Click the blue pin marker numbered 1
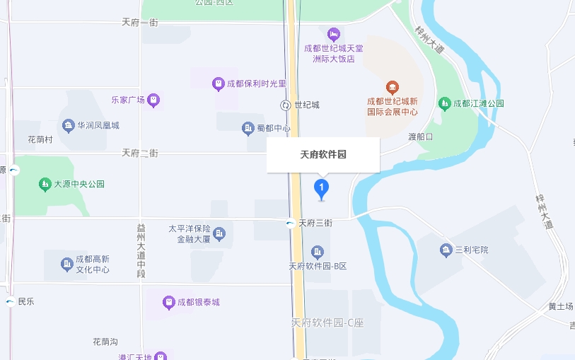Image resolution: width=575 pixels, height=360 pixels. point(321,187)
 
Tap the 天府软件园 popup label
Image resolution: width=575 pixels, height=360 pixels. point(323,154)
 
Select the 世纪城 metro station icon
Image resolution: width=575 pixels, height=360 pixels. point(286,105)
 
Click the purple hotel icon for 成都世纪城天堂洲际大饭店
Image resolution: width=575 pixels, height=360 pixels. point(334,33)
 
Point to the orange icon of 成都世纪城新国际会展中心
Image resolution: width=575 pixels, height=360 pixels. point(393,88)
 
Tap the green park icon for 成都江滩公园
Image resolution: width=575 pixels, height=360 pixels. point(445,104)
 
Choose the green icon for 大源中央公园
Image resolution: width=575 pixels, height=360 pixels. point(45,184)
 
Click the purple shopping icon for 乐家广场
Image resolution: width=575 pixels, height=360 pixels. point(153,100)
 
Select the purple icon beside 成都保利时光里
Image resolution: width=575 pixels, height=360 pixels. point(219,84)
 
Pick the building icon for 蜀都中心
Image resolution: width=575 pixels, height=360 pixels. point(248,128)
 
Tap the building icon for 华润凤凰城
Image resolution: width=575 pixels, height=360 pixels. point(69,126)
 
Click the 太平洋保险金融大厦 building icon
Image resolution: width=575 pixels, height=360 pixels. point(219,233)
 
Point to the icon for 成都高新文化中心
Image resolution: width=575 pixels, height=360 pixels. point(67,265)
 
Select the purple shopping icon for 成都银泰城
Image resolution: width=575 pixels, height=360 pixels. point(168,303)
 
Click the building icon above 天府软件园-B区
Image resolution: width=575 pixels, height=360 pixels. point(317,252)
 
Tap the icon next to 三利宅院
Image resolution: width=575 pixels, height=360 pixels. point(446,250)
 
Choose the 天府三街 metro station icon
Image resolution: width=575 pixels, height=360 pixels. point(291,223)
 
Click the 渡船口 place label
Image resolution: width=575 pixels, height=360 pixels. point(419,137)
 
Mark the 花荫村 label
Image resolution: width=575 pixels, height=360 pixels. point(40,140)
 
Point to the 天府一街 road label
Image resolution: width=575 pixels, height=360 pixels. point(140,23)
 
